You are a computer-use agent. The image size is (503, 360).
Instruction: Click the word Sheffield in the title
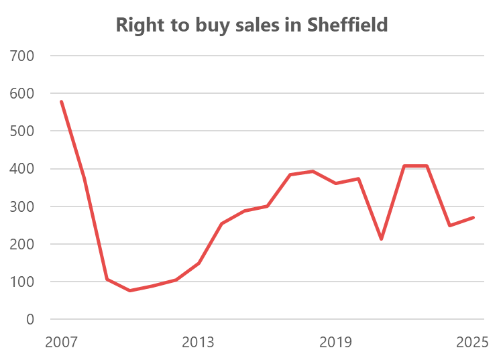pos(347,25)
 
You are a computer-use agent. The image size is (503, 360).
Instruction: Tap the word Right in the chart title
pos(137,25)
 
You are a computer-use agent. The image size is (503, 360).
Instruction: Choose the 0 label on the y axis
pos(30,319)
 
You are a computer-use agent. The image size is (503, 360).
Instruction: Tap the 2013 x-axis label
pos(198,343)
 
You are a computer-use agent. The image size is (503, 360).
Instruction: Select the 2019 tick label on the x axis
pos(336,343)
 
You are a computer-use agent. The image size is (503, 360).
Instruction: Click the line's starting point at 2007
pos(61,101)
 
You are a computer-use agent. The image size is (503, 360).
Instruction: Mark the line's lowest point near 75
pos(129,291)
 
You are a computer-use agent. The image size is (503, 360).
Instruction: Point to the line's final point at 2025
pos(473,217)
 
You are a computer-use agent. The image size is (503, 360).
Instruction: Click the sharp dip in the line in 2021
pos(382,239)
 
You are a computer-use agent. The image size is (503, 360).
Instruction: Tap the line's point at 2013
pos(199,263)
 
